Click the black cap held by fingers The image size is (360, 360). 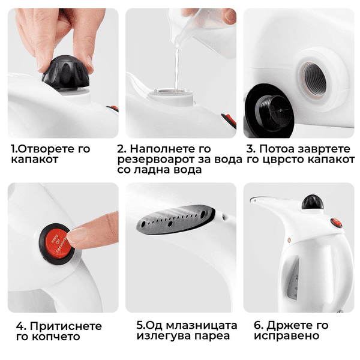[66, 73]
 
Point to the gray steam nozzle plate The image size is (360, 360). [176, 220]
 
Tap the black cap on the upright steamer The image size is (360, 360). [313, 202]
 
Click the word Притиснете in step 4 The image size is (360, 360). [65, 326]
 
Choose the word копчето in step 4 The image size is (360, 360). [56, 337]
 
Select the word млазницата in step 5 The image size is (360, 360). [202, 326]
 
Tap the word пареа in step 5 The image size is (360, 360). [212, 336]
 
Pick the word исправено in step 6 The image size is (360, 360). [287, 336]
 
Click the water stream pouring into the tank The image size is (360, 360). [176, 69]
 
